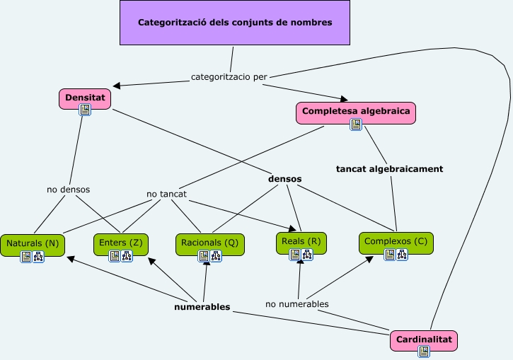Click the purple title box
234,23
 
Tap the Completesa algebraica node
356,111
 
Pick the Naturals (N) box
33,243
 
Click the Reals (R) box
301,241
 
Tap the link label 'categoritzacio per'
229,76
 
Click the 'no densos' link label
68,190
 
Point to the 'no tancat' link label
166,194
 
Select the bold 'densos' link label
284,179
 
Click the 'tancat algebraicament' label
389,169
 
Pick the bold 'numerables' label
202,307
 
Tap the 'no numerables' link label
296,304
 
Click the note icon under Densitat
85,110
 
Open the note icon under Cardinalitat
424,351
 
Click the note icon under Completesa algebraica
356,124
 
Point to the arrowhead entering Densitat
116,86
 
